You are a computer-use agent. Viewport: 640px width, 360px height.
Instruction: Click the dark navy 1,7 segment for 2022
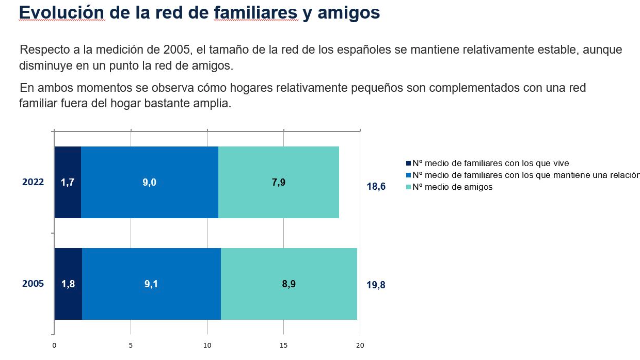pos(68,182)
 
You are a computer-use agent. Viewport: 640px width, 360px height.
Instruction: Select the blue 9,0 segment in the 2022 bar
pos(149,182)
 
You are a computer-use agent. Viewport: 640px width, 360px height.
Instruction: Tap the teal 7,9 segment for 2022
pos(279,182)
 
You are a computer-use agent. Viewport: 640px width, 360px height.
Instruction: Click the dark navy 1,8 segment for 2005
pos(68,284)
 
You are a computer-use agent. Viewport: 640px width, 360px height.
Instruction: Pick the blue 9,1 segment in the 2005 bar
pos(151,284)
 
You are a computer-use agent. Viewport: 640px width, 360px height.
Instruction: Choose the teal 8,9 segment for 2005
pos(289,284)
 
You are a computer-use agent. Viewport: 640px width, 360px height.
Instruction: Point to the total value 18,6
pos(376,186)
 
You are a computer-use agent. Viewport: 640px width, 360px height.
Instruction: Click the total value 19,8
pos(376,285)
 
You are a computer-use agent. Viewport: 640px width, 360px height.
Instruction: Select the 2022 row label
pos(33,182)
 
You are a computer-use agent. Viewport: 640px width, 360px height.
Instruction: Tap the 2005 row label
pos(33,284)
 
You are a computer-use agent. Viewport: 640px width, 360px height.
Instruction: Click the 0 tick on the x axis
pos(54,346)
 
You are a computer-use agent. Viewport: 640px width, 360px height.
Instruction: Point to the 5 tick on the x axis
pos(131,346)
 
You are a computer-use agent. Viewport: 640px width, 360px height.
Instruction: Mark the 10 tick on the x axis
pos(207,346)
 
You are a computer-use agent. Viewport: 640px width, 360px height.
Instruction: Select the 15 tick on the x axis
pos(283,346)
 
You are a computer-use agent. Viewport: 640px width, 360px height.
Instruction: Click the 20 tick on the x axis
pos(360,346)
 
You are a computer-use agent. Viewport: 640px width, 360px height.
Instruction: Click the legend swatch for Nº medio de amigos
pos(409,187)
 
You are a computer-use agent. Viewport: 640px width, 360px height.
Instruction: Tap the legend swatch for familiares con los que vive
pos(409,163)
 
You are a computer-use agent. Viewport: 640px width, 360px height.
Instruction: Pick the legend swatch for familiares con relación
pos(409,175)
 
